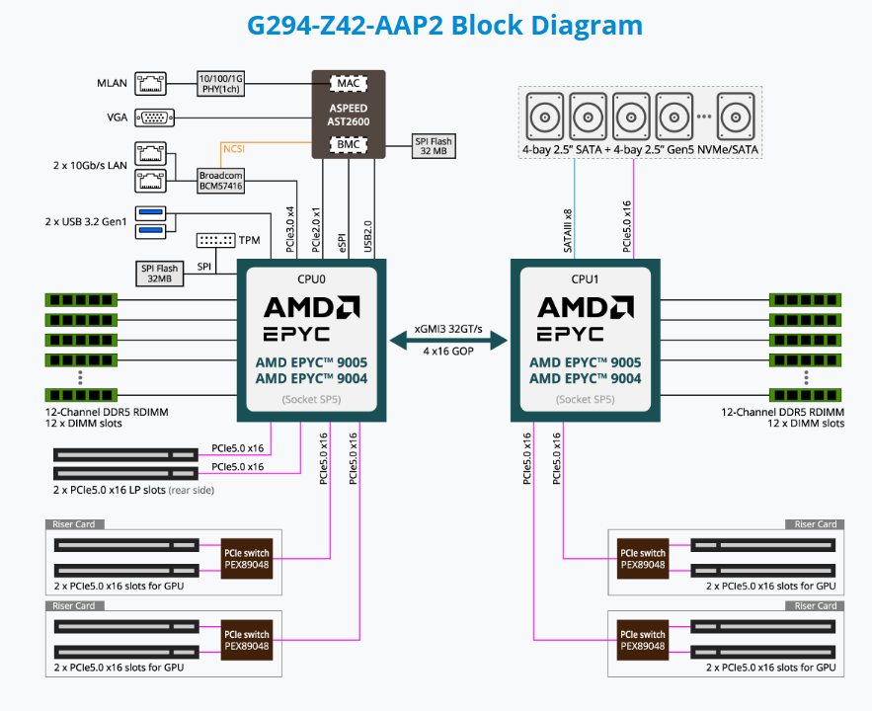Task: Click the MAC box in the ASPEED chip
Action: (x=349, y=84)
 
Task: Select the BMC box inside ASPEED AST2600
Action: (x=349, y=146)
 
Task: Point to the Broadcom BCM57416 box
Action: (x=219, y=180)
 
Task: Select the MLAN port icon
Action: (x=150, y=83)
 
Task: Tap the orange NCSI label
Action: (x=234, y=149)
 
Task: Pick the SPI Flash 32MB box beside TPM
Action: (x=158, y=274)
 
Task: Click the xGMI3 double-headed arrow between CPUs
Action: (x=449, y=341)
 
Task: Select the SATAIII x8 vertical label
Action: (x=568, y=230)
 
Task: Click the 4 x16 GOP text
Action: (x=449, y=352)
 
